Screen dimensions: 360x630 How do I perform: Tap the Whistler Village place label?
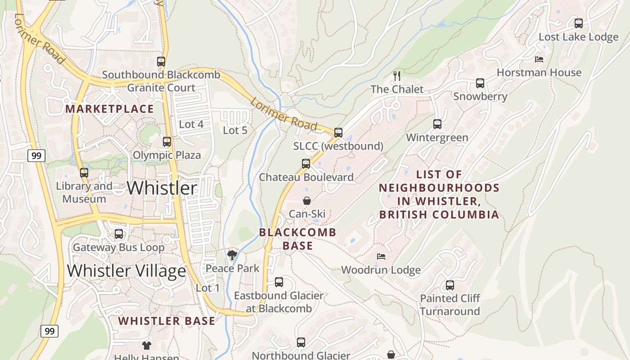(126, 271)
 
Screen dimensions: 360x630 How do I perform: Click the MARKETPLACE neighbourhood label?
(109, 109)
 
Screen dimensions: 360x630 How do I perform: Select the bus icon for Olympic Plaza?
(167, 142)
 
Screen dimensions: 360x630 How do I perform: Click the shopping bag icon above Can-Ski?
(306, 201)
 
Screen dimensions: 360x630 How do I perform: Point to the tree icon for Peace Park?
(232, 256)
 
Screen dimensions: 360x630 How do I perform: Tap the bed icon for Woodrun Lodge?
(381, 256)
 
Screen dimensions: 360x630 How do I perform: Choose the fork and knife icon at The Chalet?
(396, 76)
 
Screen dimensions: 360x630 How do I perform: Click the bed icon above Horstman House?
(539, 59)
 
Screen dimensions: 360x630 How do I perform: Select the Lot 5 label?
(235, 130)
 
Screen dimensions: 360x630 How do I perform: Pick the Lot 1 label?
(208, 288)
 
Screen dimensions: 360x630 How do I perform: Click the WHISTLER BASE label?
(166, 321)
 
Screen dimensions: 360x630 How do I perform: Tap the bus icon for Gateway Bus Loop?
(119, 234)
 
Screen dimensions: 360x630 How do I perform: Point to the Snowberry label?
(480, 96)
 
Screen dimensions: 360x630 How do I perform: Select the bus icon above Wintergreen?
(437, 124)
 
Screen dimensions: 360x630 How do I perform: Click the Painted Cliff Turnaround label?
(450, 305)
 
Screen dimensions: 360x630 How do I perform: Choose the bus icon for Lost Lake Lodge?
(579, 23)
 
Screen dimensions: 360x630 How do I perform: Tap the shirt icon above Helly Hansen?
(146, 346)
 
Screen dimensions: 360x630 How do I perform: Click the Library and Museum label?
(84, 193)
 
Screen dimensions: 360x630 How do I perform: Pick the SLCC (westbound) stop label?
(338, 146)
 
